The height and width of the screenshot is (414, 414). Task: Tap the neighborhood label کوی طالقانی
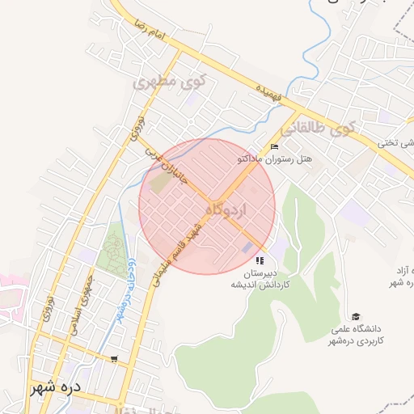(317, 129)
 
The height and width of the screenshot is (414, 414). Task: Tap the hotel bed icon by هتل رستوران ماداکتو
(274, 146)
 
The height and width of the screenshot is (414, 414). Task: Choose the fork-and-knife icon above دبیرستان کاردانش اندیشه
(260, 260)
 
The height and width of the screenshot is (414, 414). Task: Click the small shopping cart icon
(114, 358)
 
